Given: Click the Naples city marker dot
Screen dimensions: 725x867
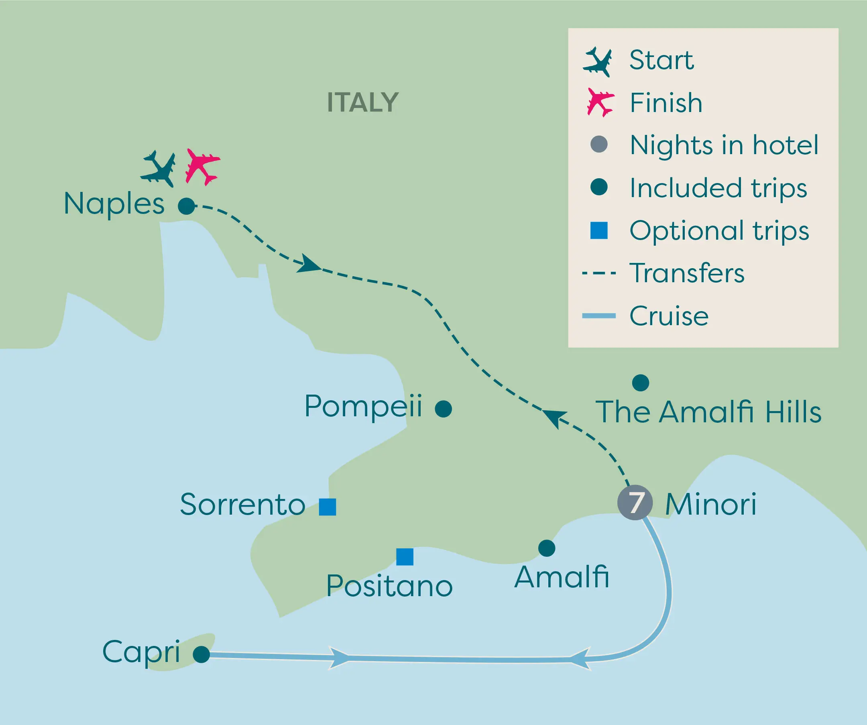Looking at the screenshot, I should [186, 206].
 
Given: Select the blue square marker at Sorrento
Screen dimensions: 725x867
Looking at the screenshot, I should [328, 507].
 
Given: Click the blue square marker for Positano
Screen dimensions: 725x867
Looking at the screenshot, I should [405, 556].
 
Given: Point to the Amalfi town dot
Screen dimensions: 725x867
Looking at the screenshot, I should [547, 548].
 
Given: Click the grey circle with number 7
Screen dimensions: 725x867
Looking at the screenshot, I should [635, 503].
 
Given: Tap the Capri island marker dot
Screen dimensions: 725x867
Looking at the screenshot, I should [201, 654].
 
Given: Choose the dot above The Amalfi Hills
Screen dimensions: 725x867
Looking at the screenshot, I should [640, 383].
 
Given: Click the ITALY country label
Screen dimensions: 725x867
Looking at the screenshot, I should [362, 102].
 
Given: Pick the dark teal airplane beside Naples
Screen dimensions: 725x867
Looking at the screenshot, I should [159, 169].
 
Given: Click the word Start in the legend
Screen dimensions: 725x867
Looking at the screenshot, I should [661, 60].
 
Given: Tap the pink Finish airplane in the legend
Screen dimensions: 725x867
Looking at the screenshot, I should [600, 102].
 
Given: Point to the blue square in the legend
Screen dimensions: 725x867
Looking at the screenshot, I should [598, 230].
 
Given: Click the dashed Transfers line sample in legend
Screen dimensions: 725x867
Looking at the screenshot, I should [598, 273].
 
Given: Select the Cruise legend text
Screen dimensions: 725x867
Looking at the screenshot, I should [669, 316].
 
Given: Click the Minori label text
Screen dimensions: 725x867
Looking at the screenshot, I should [710, 504].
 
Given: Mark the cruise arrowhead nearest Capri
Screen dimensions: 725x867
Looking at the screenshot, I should [339, 657].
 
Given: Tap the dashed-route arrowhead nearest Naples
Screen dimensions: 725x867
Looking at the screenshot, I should [309, 264].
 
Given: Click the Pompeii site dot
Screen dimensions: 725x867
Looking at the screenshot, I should [444, 409].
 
